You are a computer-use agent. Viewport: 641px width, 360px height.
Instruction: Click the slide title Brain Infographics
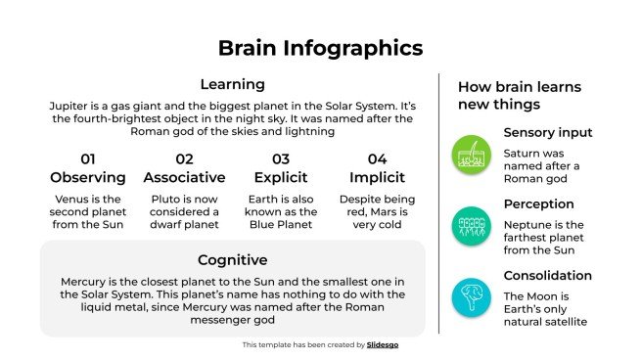[x=320, y=48]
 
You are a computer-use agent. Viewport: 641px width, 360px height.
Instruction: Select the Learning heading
[x=232, y=84]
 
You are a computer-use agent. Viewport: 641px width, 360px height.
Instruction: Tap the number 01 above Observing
[x=88, y=158]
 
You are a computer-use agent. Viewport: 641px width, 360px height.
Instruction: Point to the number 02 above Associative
[x=184, y=158]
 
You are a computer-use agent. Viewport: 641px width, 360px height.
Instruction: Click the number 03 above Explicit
[x=281, y=158]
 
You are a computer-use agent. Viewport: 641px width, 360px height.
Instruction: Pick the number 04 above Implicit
[x=377, y=158]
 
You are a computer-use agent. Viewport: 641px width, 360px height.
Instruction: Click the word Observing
[x=88, y=177]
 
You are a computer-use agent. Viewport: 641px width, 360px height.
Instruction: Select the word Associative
[x=184, y=177]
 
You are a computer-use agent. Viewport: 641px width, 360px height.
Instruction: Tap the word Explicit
[x=281, y=177]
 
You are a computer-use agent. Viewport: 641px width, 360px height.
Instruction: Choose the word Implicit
[x=377, y=177]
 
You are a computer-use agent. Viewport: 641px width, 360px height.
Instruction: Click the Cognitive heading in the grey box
[x=232, y=259]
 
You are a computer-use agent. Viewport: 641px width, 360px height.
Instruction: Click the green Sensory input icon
[x=471, y=153]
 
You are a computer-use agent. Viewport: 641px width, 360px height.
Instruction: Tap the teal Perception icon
[x=471, y=224]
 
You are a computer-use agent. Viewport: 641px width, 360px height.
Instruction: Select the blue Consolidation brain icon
[x=471, y=295]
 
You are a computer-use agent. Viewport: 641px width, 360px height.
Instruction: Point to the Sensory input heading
[x=547, y=132]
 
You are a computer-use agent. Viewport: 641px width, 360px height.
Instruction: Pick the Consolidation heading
[x=547, y=275]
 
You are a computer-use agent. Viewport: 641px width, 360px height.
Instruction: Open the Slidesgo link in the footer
[x=385, y=344]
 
